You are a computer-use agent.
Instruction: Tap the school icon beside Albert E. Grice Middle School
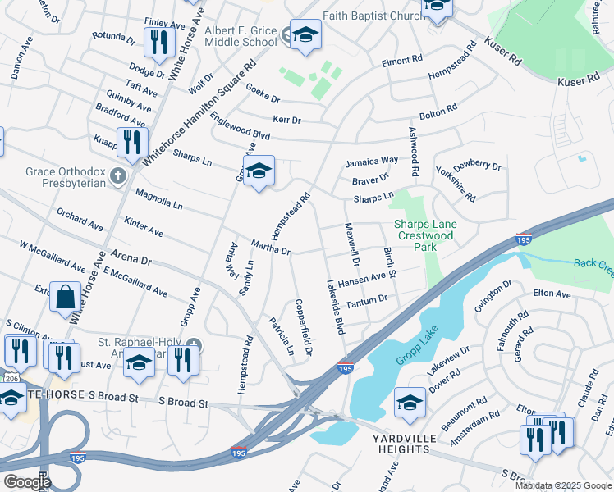[x=305, y=34]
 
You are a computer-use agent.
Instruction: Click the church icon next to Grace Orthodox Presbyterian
[x=118, y=175]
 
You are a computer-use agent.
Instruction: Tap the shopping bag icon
[x=65, y=297]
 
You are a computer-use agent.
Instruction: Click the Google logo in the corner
[x=27, y=481]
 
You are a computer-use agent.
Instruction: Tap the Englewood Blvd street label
[x=240, y=127]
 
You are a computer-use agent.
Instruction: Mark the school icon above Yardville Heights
[x=410, y=401]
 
